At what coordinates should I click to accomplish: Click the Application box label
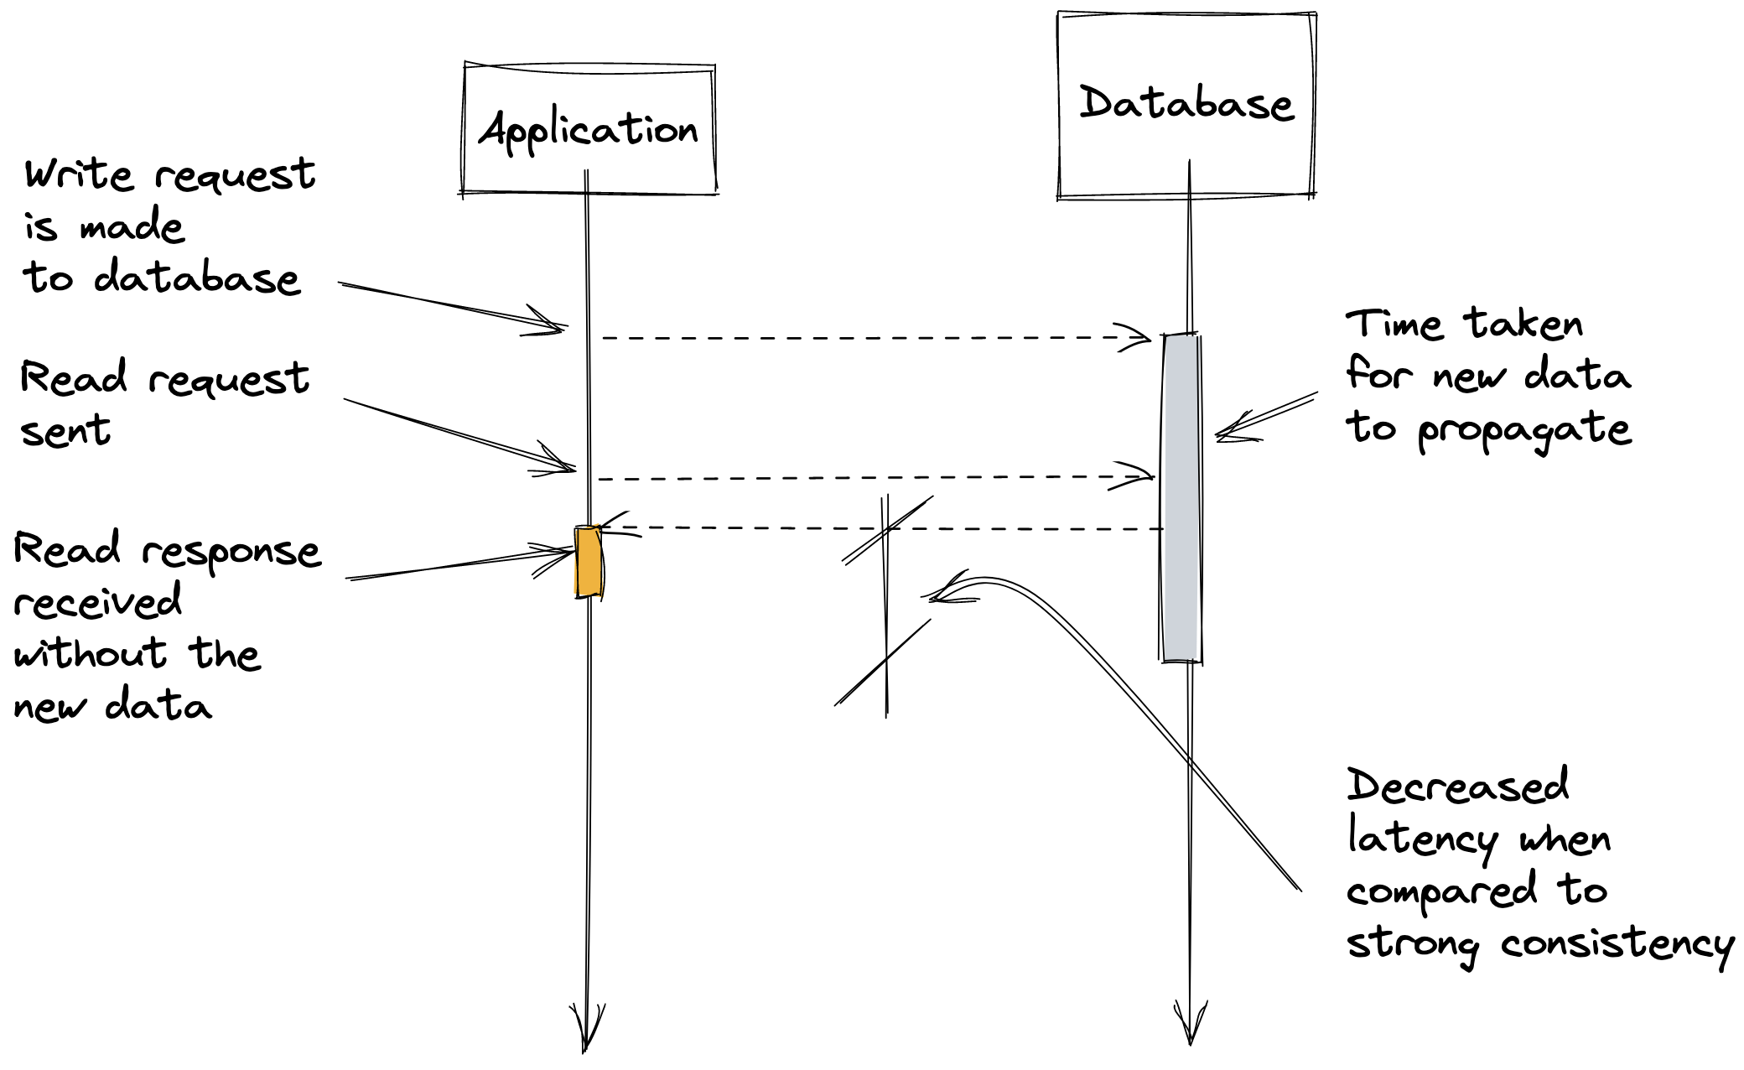(x=589, y=131)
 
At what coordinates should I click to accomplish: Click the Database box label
(x=1186, y=104)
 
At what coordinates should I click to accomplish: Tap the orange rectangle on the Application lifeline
(x=588, y=561)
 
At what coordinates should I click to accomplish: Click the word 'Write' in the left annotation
(x=78, y=175)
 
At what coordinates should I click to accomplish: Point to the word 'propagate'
(x=1524, y=431)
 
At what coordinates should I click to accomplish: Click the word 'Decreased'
(x=1457, y=787)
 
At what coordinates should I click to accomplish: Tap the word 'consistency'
(x=1617, y=946)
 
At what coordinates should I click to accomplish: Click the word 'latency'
(x=1421, y=839)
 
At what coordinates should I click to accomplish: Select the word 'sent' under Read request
(x=65, y=431)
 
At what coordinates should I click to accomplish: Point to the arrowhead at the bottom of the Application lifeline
(x=586, y=1031)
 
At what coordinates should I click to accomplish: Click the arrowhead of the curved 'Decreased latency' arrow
(x=937, y=595)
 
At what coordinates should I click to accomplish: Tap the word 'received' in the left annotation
(x=97, y=602)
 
